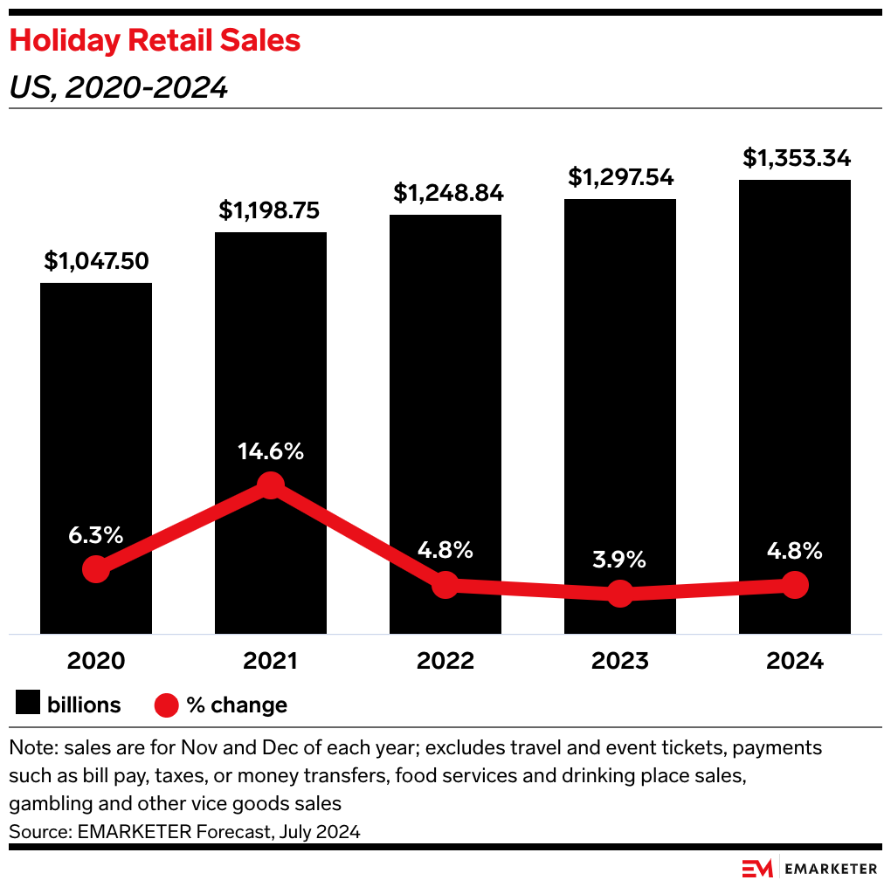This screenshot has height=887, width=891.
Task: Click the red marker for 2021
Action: pyautogui.click(x=271, y=485)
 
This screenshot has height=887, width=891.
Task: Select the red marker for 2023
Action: pyautogui.click(x=620, y=594)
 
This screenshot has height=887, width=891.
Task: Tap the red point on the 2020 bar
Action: pyautogui.click(x=96, y=570)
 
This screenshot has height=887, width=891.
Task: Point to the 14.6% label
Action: pyautogui.click(x=271, y=451)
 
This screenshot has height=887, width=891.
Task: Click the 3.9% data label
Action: pyautogui.click(x=620, y=559)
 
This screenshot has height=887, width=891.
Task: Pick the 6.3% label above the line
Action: pyautogui.click(x=96, y=535)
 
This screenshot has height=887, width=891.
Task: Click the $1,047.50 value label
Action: pyautogui.click(x=96, y=260)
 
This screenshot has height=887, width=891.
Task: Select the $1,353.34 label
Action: pyautogui.click(x=796, y=158)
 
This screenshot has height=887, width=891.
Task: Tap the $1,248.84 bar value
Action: pyautogui.click(x=445, y=192)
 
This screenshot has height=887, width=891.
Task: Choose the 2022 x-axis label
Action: pyautogui.click(x=445, y=661)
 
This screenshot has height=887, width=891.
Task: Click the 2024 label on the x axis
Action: pyautogui.click(x=795, y=661)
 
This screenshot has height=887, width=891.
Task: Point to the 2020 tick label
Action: pyautogui.click(x=96, y=661)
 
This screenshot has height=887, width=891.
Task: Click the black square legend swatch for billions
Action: pyautogui.click(x=29, y=705)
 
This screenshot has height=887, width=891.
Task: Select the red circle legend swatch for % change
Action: pyautogui.click(x=167, y=705)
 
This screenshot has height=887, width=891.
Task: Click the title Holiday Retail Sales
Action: pyautogui.click(x=155, y=41)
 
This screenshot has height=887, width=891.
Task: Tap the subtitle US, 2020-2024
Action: pyautogui.click(x=118, y=87)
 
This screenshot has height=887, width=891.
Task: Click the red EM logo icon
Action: pyautogui.click(x=757, y=868)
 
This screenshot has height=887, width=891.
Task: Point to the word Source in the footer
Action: pyautogui.click(x=36, y=832)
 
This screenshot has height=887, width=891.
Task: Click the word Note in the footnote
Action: pyautogui.click(x=28, y=748)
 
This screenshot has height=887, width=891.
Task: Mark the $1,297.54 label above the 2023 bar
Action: pyautogui.click(x=620, y=177)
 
